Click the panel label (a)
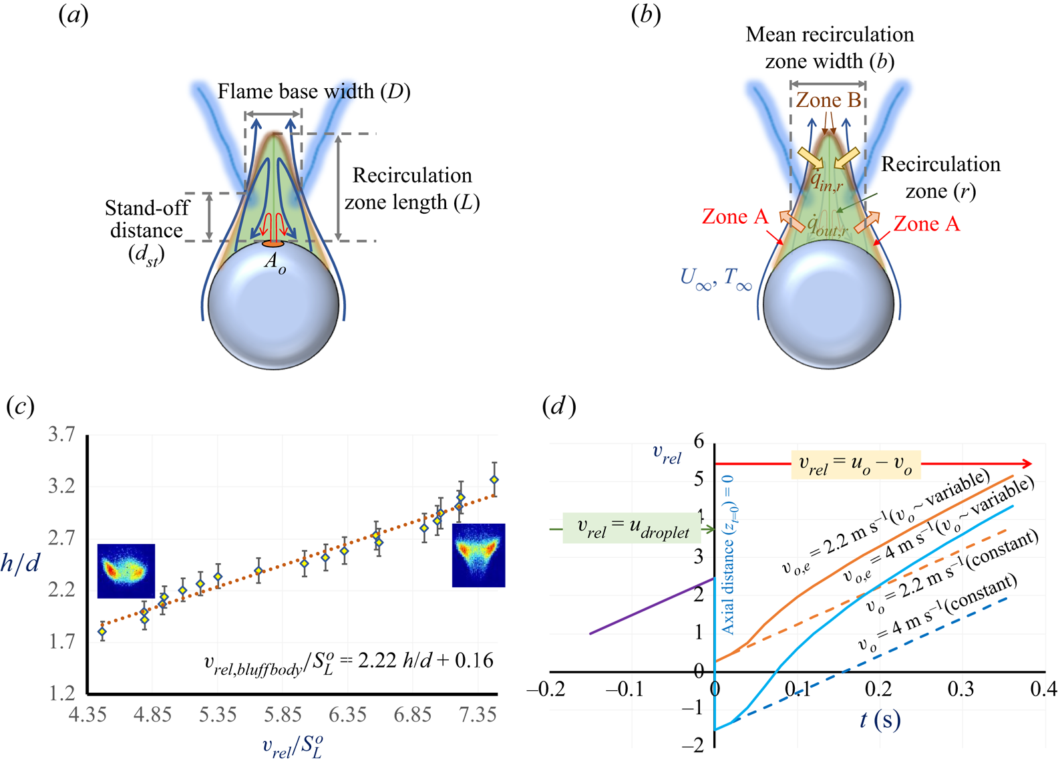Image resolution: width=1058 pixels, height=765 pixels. pyautogui.click(x=73, y=15)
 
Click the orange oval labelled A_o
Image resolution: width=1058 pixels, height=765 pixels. pyautogui.click(x=273, y=244)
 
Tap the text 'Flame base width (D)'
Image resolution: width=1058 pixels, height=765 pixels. pyautogui.click(x=313, y=92)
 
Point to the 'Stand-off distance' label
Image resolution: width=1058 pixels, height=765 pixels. pyautogui.click(x=147, y=219)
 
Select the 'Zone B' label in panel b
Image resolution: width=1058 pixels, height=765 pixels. pyautogui.click(x=828, y=100)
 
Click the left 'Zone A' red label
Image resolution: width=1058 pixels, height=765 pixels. pyautogui.click(x=735, y=216)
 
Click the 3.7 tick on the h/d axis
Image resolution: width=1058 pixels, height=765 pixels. pyautogui.click(x=62, y=435)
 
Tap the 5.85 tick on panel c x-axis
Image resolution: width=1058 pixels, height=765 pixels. pyautogui.click(x=283, y=714)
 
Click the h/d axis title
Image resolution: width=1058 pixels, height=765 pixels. pyautogui.click(x=20, y=563)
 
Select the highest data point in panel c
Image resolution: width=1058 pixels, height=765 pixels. pyautogui.click(x=494, y=480)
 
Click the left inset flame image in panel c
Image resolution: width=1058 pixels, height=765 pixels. pyautogui.click(x=126, y=571)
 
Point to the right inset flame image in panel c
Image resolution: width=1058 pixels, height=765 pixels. pyautogui.click(x=478, y=555)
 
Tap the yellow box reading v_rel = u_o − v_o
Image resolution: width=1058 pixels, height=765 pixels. pyautogui.click(x=856, y=464)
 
